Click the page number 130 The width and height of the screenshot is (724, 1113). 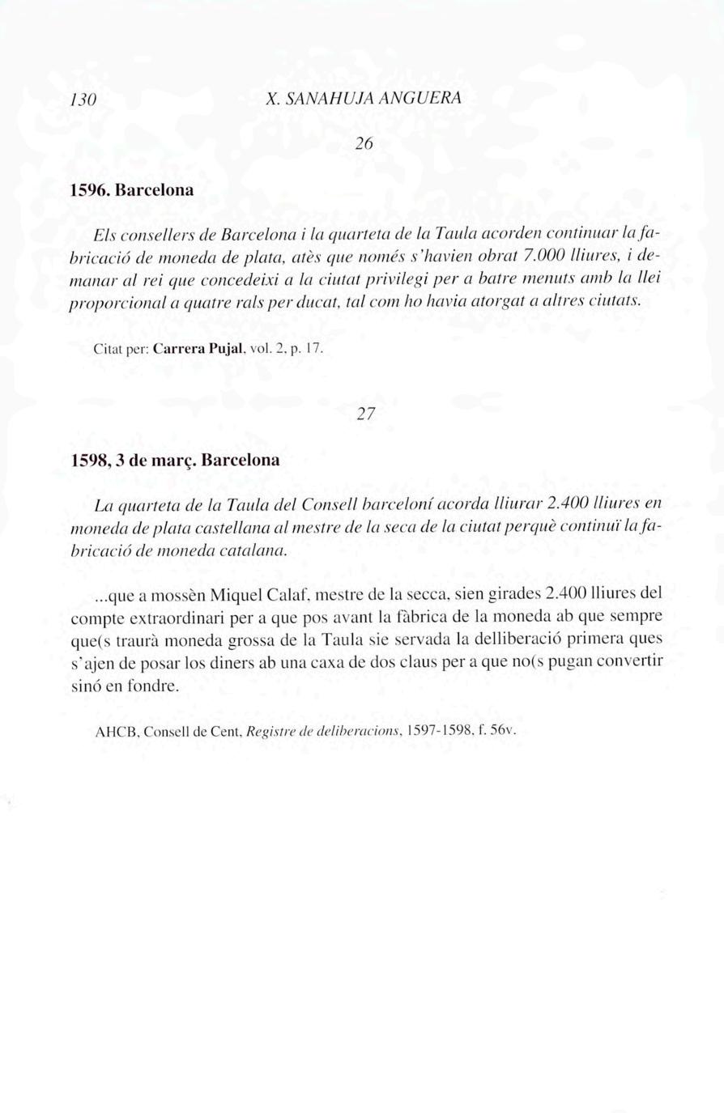click(84, 100)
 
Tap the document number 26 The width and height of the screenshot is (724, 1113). click(364, 144)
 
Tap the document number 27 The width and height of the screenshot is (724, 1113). click(366, 414)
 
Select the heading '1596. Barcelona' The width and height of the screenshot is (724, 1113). click(132, 191)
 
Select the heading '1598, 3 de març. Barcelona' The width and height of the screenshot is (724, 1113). click(175, 460)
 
